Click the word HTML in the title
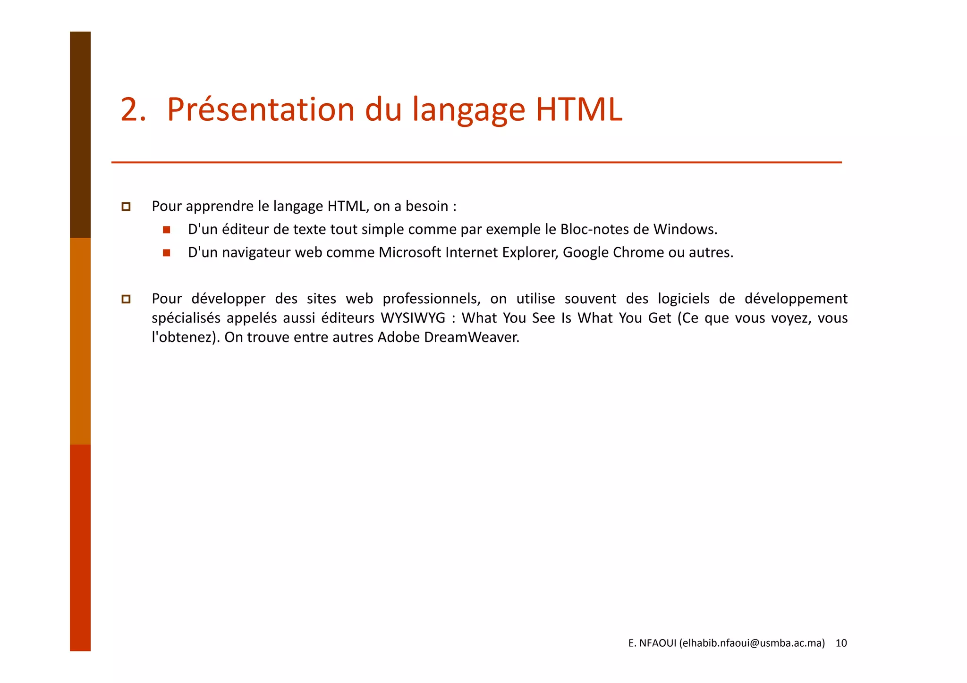(579, 110)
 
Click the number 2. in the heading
(133, 110)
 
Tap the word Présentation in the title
(260, 110)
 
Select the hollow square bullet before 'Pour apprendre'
(126, 207)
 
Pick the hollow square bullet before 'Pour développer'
(126, 299)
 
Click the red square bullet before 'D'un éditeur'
(166, 230)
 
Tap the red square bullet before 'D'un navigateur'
(166, 253)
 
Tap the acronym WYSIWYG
(413, 318)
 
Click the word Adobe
(399, 337)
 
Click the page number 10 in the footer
(841, 643)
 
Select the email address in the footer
(752, 643)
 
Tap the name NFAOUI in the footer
(658, 643)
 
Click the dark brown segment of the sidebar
(80, 134)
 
